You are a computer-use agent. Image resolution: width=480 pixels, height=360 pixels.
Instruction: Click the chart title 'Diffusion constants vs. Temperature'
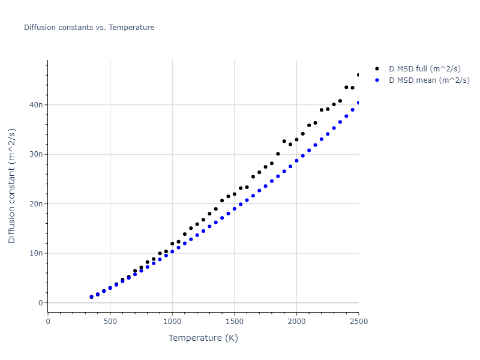coord(89,28)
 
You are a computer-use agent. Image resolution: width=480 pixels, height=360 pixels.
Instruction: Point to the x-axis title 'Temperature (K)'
coord(203,338)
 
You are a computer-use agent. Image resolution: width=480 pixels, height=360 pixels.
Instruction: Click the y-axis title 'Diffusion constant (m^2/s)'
coord(12,185)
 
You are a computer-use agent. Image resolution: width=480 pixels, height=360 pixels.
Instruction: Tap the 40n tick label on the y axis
coord(35,105)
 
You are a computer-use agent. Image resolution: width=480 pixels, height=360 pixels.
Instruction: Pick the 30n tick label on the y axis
coord(35,154)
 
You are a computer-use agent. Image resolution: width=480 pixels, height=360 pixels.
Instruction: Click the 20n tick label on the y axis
coord(35,204)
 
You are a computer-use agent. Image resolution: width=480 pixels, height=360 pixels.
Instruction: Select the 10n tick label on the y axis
coord(35,253)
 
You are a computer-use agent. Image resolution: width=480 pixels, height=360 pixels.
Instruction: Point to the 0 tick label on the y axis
coord(40,303)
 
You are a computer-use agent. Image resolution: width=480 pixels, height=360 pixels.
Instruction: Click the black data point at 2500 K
coord(359,75)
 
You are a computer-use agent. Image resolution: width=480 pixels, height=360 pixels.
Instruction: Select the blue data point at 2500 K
coord(359,103)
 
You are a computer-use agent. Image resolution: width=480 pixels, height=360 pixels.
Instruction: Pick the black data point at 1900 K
coord(284,141)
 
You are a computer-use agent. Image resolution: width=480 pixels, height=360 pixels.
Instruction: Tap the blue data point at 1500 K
coord(235,209)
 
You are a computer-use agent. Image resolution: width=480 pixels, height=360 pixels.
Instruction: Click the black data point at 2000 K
coord(296,139)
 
